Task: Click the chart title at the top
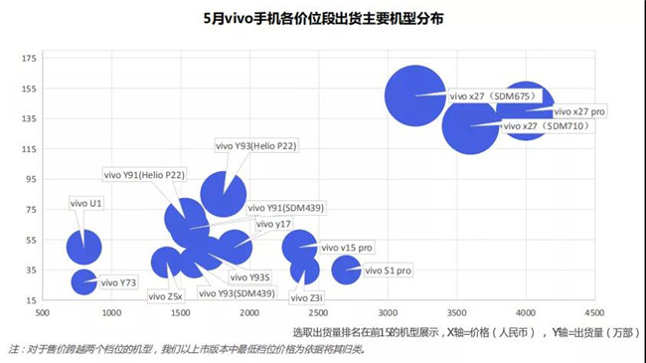[324, 18]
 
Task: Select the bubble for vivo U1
[84, 245]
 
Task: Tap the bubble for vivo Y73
[84, 282]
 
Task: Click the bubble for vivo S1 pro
[346, 269]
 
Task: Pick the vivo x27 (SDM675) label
[493, 96]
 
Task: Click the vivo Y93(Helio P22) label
[256, 146]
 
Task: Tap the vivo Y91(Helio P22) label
[144, 175]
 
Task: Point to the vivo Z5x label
[165, 295]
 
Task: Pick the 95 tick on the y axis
[30, 179]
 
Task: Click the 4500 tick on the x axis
[594, 312]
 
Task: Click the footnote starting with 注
[187, 349]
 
